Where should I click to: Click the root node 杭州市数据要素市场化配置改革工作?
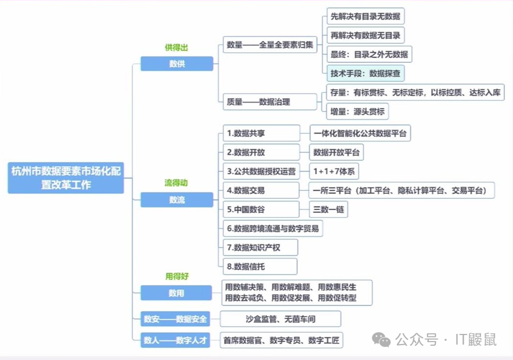coord(66,177)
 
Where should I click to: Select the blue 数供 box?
coord(177,64)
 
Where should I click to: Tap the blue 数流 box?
coord(177,200)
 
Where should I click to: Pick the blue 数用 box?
coord(176,293)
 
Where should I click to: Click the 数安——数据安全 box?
coord(176,319)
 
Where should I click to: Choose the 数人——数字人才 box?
coord(176,340)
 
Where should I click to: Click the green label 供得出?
coord(176,47)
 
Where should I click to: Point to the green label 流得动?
coord(176,183)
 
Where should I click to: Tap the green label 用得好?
coord(176,276)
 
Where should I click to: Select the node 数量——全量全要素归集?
coord(269,45)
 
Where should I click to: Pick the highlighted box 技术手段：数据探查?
coord(365,74)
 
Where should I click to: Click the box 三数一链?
coord(328,209)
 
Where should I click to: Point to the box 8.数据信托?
coord(260,266)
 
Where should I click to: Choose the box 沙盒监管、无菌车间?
coord(281,319)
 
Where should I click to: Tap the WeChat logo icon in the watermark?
coord(381,339)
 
